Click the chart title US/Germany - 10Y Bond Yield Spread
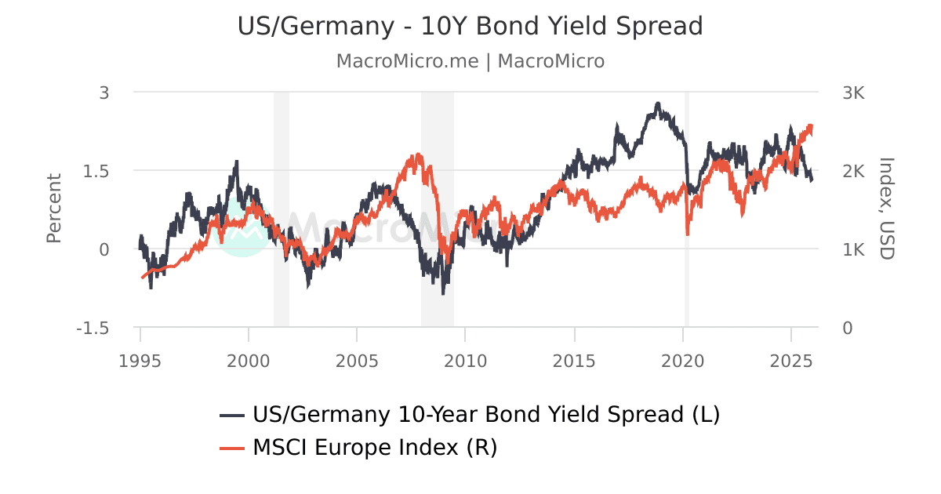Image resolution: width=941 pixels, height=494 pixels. pos(470,27)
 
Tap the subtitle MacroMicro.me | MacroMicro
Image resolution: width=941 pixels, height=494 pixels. pos(470,61)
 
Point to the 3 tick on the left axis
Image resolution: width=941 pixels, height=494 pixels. pos(104,93)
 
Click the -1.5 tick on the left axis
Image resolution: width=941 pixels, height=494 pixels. pos(93,328)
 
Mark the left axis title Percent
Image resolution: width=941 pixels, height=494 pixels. pos(53,209)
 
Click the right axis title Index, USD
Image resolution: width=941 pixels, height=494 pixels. pos(886,209)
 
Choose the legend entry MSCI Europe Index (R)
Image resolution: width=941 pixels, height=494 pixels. pos(375,448)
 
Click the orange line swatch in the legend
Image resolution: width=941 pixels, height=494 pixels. pos(233,448)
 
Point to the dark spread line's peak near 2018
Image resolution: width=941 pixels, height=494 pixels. pos(658,104)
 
